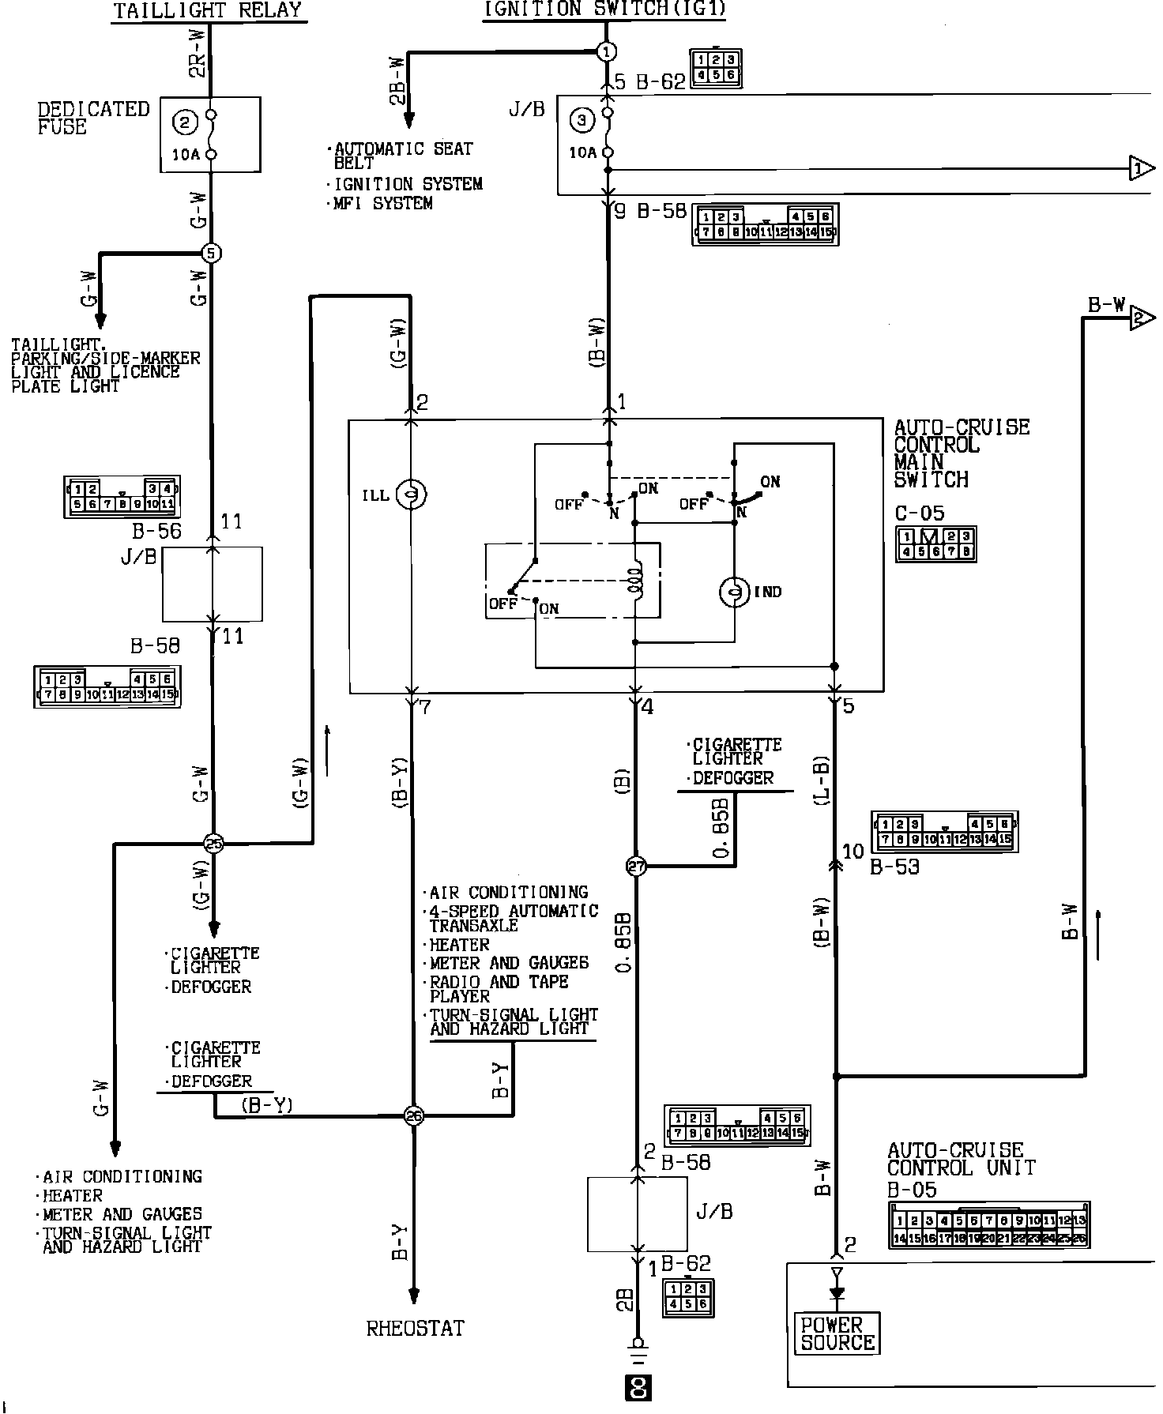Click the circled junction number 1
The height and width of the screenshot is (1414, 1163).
click(x=606, y=52)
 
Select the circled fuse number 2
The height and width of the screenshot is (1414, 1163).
click(x=185, y=122)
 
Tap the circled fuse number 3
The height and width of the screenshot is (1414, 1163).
click(x=582, y=121)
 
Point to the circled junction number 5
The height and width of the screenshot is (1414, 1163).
click(x=211, y=254)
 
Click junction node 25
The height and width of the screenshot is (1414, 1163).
click(x=213, y=844)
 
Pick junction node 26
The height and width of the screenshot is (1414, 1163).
click(x=413, y=1115)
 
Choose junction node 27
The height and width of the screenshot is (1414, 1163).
click(x=636, y=867)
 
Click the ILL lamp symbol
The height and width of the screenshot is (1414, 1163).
click(x=412, y=495)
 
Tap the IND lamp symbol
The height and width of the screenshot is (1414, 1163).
click(x=734, y=592)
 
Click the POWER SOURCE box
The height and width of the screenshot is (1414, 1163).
click(x=837, y=1334)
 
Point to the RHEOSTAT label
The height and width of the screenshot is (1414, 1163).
click(x=415, y=1328)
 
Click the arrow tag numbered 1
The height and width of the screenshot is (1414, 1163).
click(x=1141, y=168)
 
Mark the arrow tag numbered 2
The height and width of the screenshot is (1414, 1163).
click(x=1141, y=318)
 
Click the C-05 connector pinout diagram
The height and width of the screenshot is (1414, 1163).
click(x=935, y=544)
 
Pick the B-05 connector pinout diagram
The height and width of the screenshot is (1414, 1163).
click(x=989, y=1225)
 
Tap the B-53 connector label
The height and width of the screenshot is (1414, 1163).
click(x=894, y=867)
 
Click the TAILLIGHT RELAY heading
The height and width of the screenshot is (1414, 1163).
click(x=208, y=10)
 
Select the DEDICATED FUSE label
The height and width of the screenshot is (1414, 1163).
click(x=93, y=118)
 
